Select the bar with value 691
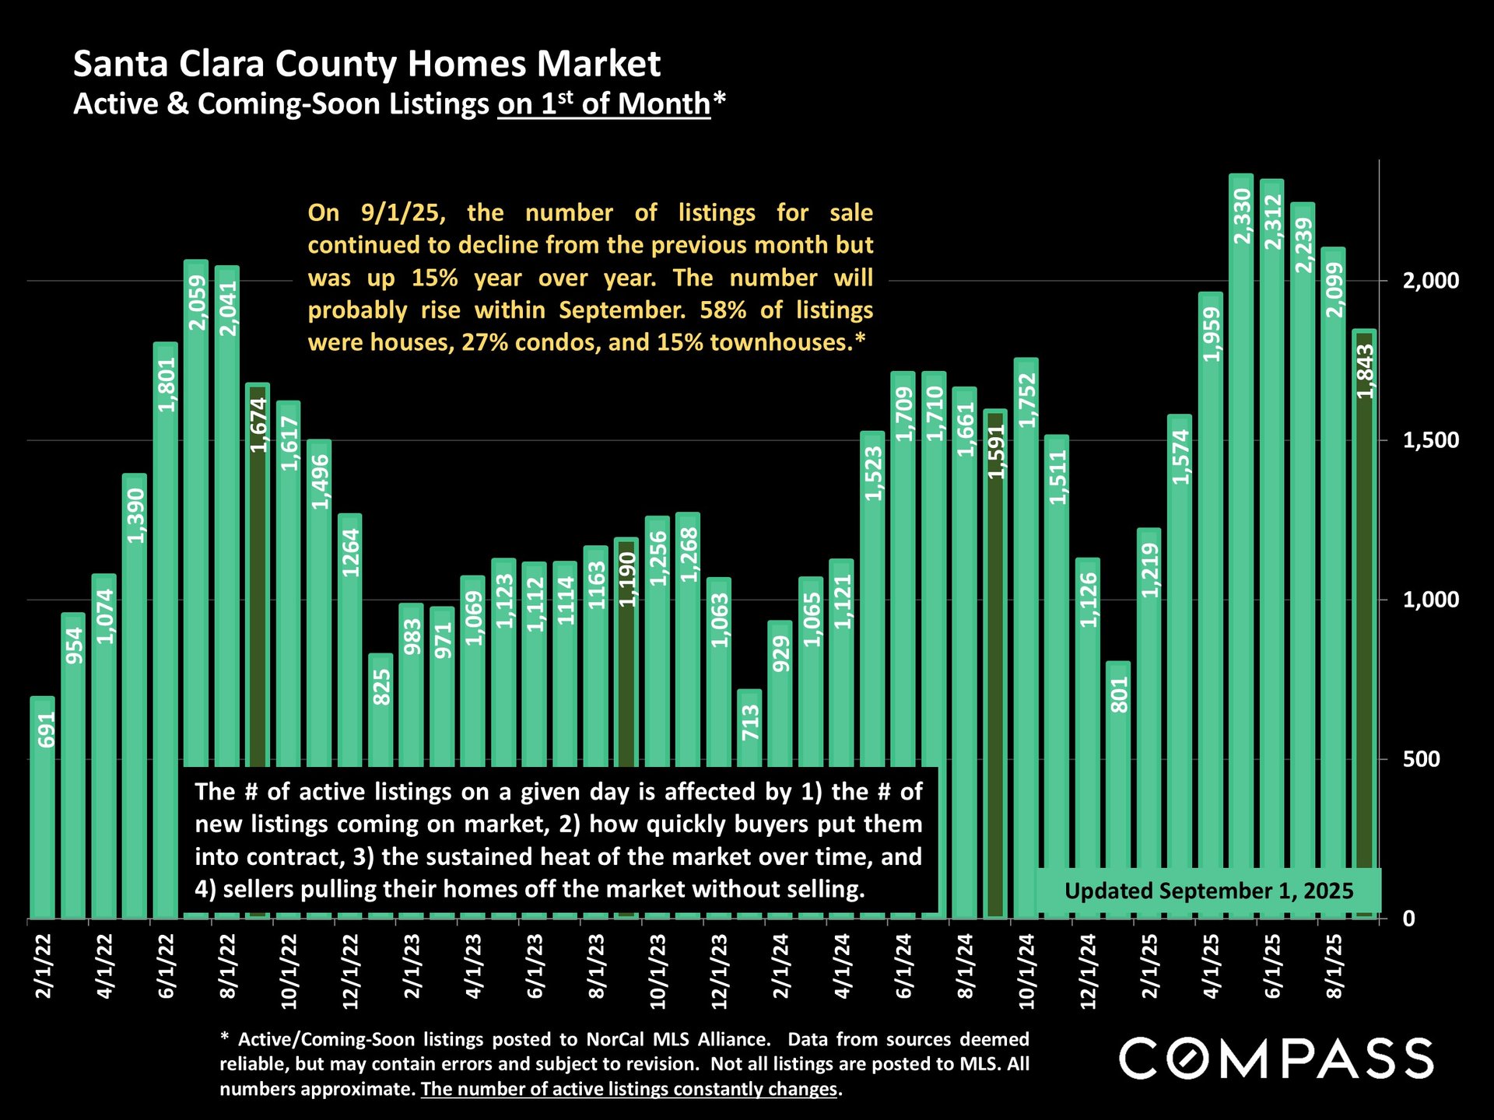(x=43, y=809)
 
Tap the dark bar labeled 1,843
(x=1365, y=622)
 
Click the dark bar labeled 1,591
(x=995, y=661)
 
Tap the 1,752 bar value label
(x=1027, y=400)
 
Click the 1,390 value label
(x=135, y=515)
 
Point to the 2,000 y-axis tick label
(x=1430, y=281)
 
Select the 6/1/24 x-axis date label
(x=903, y=966)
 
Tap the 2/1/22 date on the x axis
(x=43, y=966)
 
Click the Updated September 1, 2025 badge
(x=1208, y=891)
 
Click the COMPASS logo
(x=1275, y=1059)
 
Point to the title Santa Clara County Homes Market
(x=366, y=64)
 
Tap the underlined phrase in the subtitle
(x=604, y=103)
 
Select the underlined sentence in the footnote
(x=629, y=1089)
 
